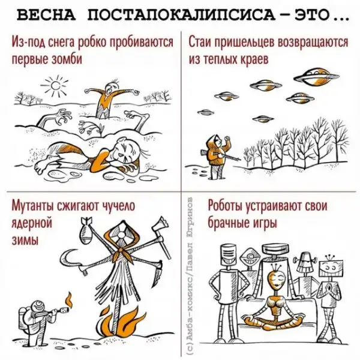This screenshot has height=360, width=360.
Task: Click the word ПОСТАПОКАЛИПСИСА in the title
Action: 181,16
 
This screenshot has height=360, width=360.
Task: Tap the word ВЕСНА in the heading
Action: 46,16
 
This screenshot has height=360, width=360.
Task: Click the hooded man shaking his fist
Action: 217,156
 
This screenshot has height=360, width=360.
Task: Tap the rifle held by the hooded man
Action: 221,155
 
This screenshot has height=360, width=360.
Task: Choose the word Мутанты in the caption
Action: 33,206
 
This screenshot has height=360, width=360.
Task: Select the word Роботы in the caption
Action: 226,205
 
